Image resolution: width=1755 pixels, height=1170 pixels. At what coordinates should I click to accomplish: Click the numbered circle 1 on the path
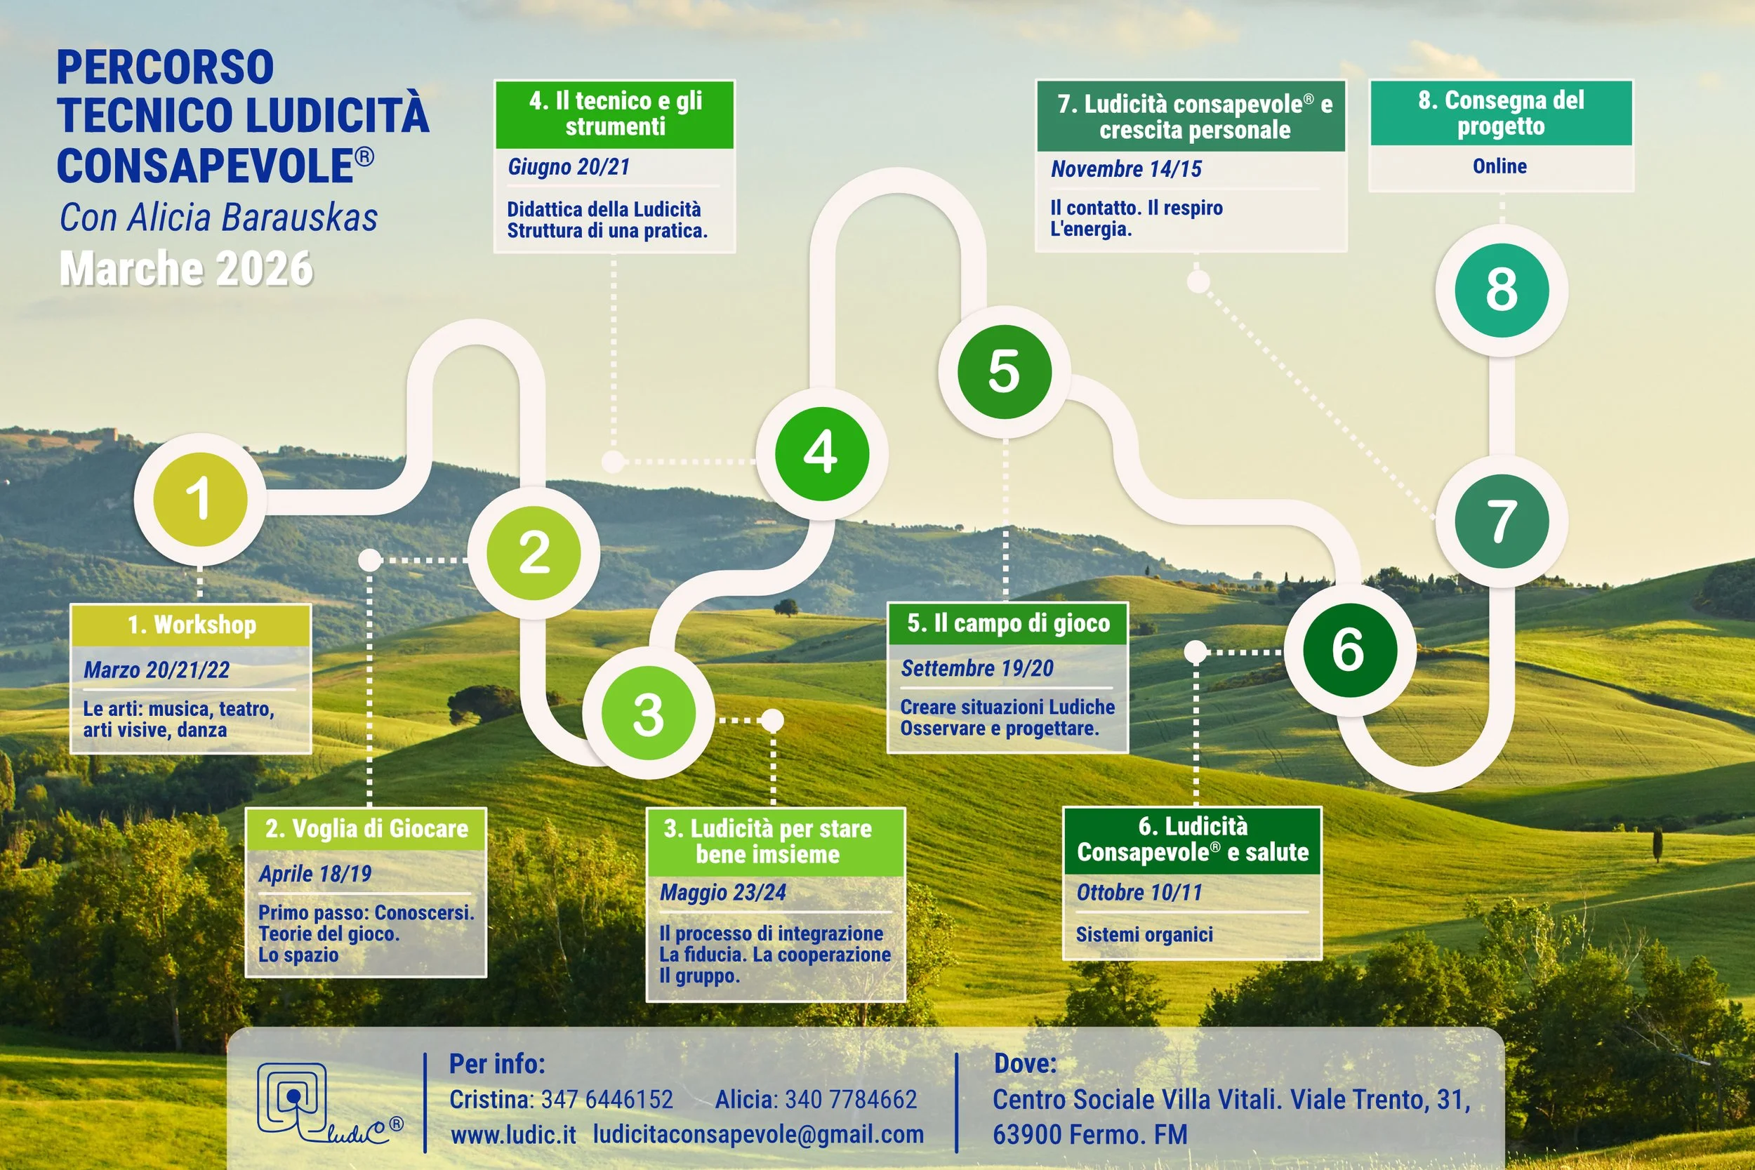[x=200, y=499]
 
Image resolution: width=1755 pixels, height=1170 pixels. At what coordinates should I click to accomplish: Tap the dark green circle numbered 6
[x=1349, y=649]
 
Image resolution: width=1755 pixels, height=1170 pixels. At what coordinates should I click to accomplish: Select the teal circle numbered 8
[x=1502, y=289]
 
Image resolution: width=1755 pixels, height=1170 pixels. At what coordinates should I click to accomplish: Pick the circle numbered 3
[x=649, y=713]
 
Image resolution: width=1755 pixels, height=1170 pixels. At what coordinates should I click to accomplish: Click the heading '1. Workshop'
[x=192, y=625]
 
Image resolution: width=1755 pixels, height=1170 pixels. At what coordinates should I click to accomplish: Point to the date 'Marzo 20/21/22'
[x=157, y=670]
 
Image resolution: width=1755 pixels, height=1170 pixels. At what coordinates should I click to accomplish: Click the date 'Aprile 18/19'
[x=315, y=874]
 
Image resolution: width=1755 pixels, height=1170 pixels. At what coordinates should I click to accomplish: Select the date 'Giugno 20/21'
[x=569, y=166]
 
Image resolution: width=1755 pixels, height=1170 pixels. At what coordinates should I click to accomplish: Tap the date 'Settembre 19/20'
[x=976, y=668]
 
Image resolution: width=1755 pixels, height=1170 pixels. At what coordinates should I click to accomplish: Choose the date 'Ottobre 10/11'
[x=1139, y=893]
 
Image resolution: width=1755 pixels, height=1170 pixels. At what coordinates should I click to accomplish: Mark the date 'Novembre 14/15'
[x=1126, y=169]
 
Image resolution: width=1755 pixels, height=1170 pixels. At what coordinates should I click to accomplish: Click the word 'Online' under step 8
[x=1499, y=166]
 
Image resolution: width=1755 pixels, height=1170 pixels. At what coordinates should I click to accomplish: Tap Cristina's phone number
[x=607, y=1099]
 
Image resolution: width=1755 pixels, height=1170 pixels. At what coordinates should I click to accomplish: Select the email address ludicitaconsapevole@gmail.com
[x=758, y=1134]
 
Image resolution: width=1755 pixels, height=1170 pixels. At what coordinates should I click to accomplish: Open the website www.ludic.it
[x=512, y=1134]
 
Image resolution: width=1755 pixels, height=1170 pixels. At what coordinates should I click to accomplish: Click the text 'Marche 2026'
[x=186, y=269]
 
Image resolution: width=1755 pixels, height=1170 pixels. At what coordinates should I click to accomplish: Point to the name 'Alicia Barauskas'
[x=252, y=218]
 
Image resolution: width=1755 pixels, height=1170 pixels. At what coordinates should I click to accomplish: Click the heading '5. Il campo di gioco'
[x=1008, y=623]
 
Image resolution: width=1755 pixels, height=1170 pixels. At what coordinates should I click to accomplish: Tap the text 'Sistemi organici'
[x=1144, y=934]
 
